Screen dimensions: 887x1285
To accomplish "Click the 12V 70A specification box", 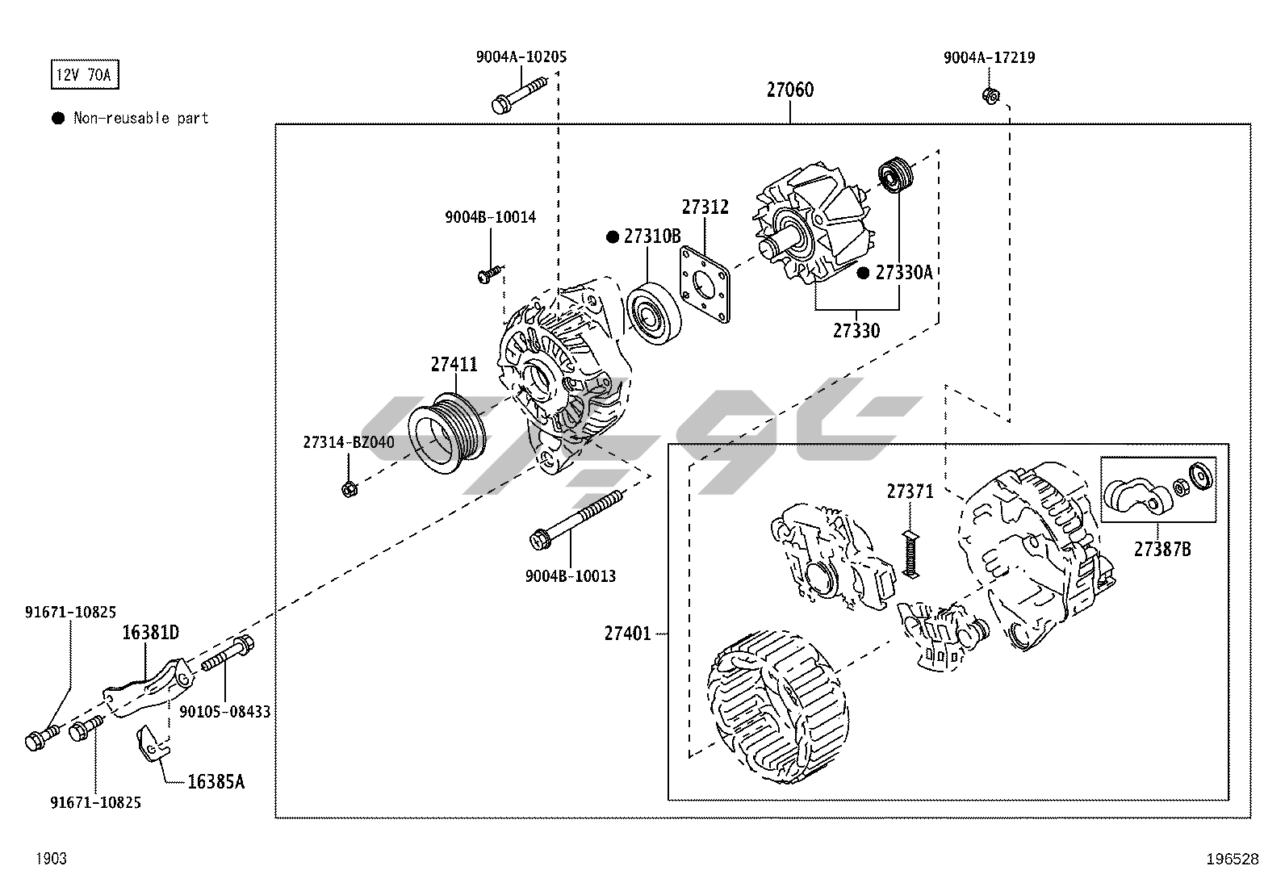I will pyautogui.click(x=85, y=76).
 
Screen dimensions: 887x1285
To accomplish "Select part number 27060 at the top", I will pyautogui.click(x=789, y=90).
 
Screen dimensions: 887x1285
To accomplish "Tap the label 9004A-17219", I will pyautogui.click(x=989, y=57).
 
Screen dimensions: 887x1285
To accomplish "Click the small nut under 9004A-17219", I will pyautogui.click(x=990, y=96).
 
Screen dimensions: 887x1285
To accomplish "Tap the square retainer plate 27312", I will pyautogui.click(x=705, y=284).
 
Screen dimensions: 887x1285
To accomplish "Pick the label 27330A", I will pyautogui.click(x=903, y=273).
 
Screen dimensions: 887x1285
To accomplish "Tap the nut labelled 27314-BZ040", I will pyautogui.click(x=350, y=488).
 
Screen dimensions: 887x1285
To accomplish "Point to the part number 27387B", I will pyautogui.click(x=1162, y=550).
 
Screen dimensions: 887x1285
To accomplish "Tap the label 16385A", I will pyautogui.click(x=215, y=781).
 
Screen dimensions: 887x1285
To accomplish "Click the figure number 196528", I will pyautogui.click(x=1232, y=859).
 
